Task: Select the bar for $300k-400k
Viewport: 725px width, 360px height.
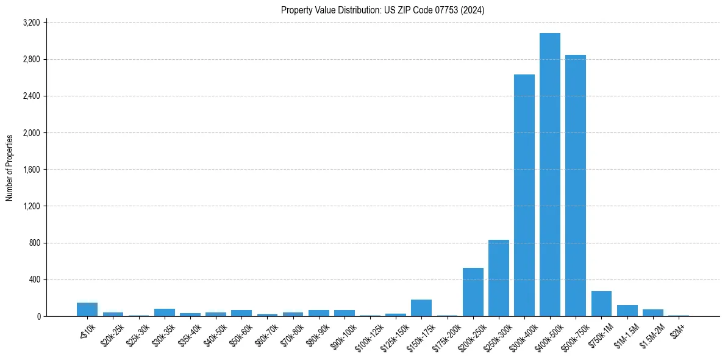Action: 524,195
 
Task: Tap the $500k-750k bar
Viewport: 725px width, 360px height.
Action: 575,185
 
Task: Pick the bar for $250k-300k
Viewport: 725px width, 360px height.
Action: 498,278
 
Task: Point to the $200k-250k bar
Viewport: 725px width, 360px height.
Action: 473,292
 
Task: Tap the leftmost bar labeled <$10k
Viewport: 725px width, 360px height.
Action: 87,310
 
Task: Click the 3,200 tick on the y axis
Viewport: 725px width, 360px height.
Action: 31,23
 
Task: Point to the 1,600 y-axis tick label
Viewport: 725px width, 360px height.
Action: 31,170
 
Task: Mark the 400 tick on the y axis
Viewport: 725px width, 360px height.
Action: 34,279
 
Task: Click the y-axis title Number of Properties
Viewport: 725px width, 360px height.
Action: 10,168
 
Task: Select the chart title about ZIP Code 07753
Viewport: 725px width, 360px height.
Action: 382,10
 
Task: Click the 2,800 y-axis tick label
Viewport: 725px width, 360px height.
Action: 31,59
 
